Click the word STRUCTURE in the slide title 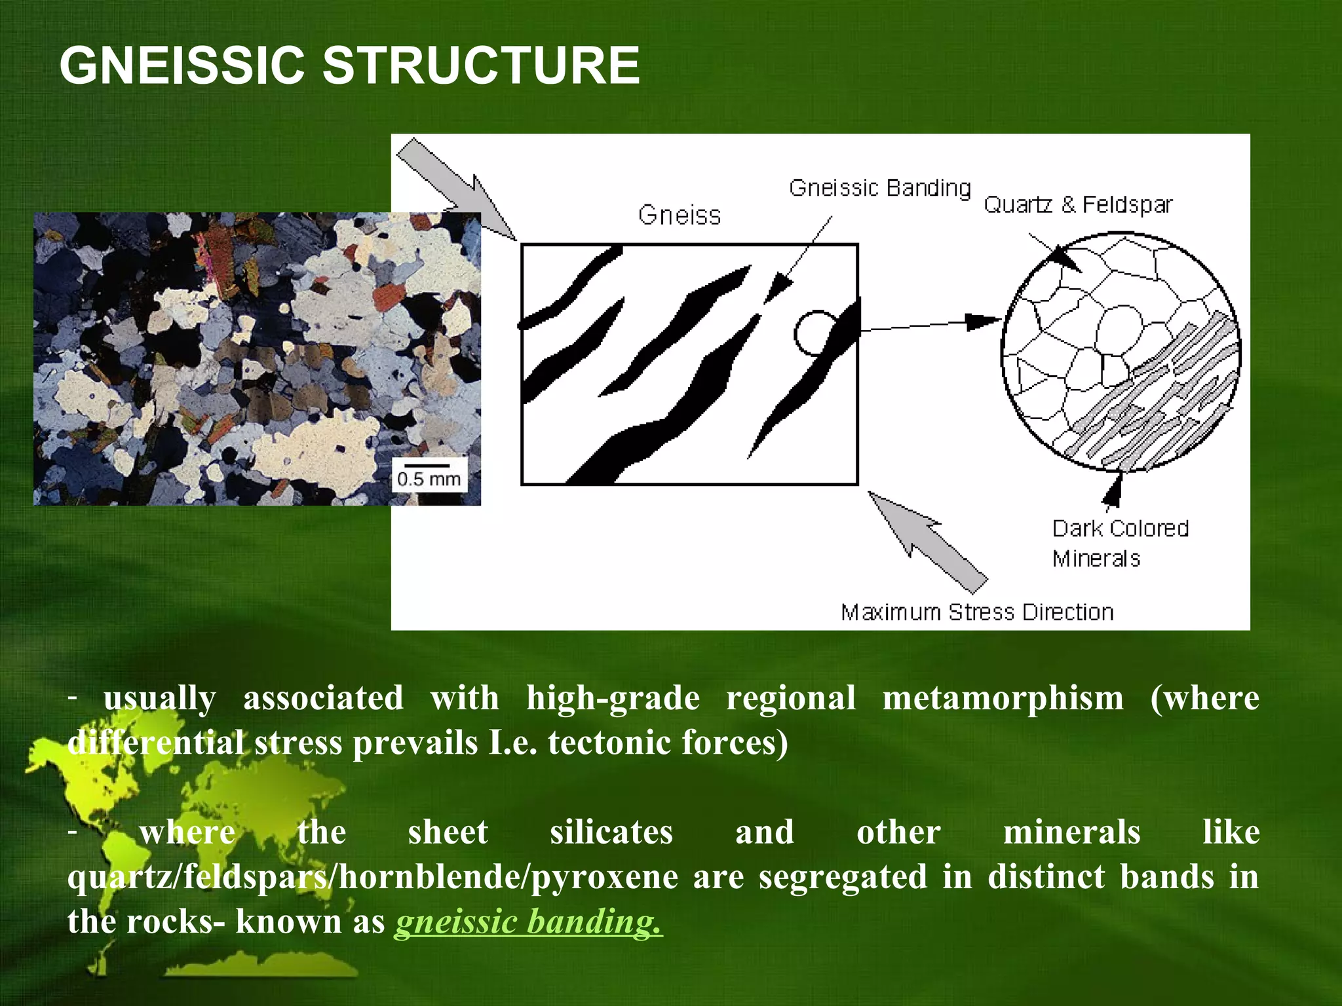[x=481, y=65]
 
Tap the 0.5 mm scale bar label [x=429, y=479]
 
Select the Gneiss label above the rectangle [x=680, y=215]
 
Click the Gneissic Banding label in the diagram [x=879, y=189]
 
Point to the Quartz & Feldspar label [x=1078, y=205]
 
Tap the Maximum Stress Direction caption [x=977, y=612]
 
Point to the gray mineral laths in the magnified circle [x=1153, y=400]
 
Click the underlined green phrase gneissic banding [x=528, y=922]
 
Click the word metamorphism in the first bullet [x=1003, y=698]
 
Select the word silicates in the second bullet [x=611, y=832]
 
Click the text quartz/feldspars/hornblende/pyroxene [x=372, y=877]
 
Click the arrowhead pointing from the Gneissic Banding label [x=778, y=288]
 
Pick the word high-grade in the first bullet [x=613, y=698]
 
